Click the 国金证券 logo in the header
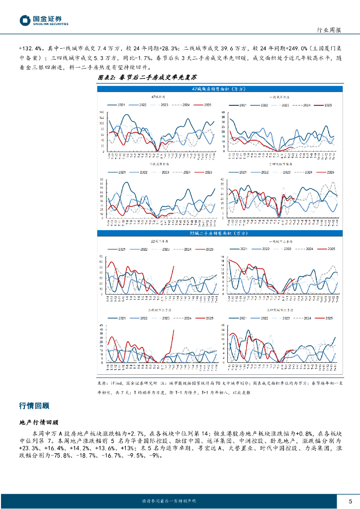coord(44,20)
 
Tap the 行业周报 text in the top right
coord(329,30)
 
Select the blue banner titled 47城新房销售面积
coord(221,89)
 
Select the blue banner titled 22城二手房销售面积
coord(221,233)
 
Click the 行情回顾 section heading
coord(34,406)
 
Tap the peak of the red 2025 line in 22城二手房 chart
coord(174,266)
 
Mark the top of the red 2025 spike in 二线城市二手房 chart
coord(174,330)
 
